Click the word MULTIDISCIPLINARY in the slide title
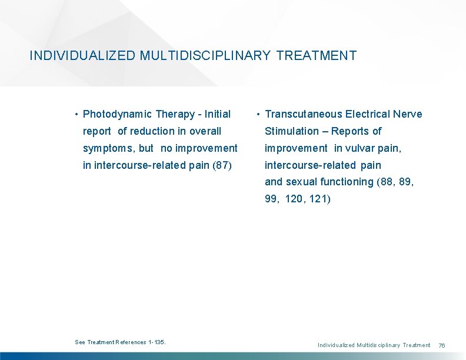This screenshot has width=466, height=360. [205, 56]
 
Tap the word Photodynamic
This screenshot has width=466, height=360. [118, 114]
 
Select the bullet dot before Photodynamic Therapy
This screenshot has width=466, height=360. [76, 114]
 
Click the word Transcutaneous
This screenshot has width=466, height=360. [304, 114]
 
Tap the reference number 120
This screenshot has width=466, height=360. [294, 199]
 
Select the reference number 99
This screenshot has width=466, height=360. [271, 199]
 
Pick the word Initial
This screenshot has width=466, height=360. [217, 114]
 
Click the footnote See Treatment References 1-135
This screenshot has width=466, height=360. [121, 342]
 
